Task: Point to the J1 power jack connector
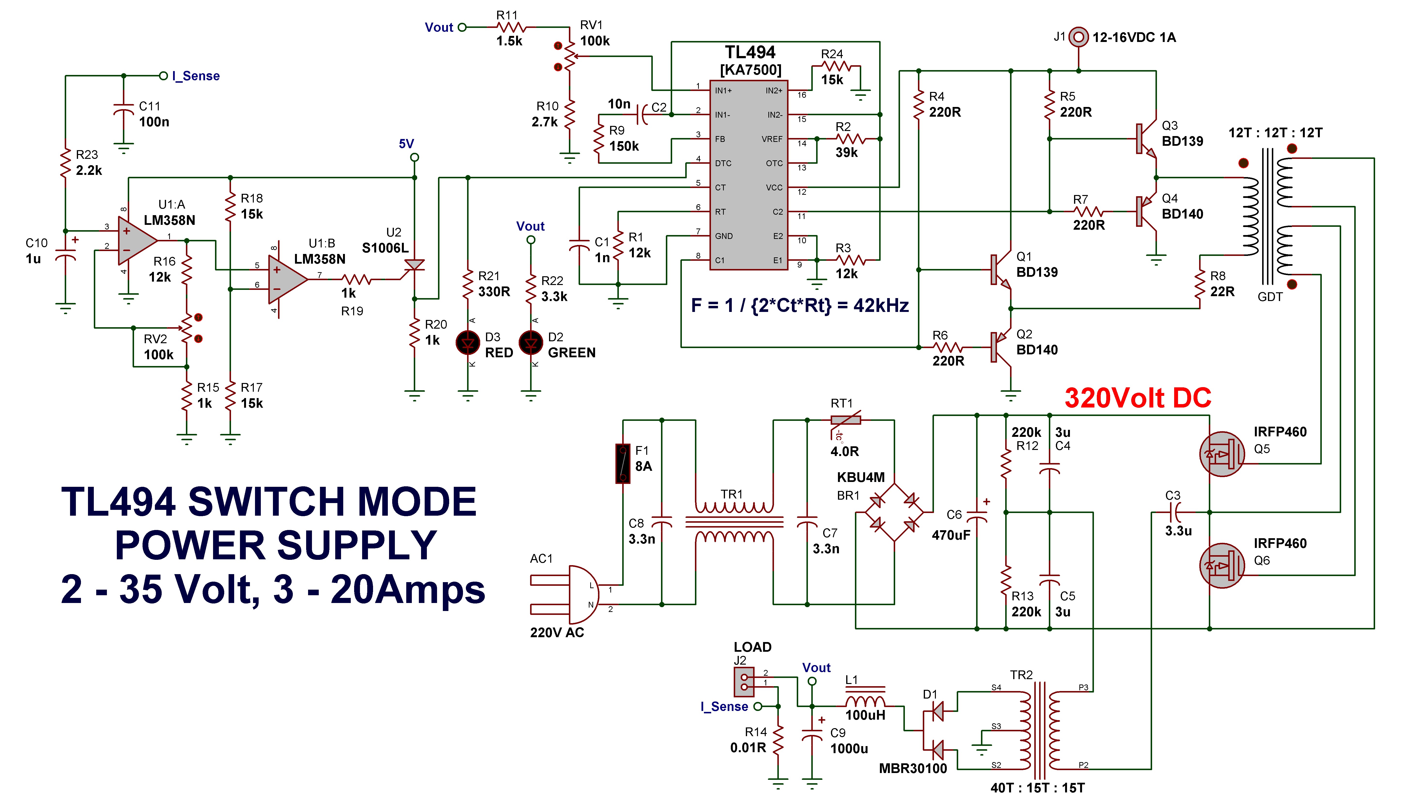pyautogui.click(x=1078, y=37)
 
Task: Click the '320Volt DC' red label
pyautogui.click(x=1138, y=398)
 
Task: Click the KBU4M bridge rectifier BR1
pyautogui.click(x=894, y=512)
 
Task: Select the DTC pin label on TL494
pyautogui.click(x=723, y=163)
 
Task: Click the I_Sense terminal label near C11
pyautogui.click(x=195, y=76)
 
